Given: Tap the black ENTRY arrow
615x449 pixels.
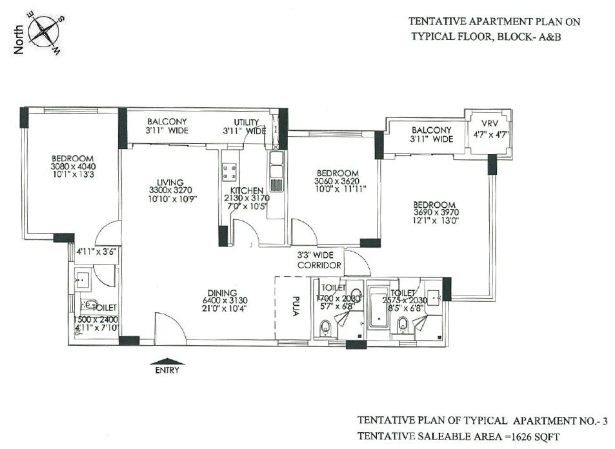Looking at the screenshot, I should [166, 363].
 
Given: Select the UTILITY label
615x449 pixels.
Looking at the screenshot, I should [246, 122].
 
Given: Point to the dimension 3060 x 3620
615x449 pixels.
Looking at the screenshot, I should [336, 181].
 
